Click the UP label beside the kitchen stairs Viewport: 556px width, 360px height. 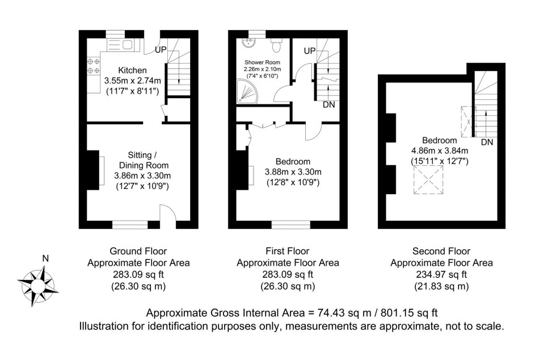point(161,50)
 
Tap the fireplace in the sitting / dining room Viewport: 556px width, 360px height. point(93,170)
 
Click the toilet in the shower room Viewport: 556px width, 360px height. point(276,43)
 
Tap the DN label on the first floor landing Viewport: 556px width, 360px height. point(328,105)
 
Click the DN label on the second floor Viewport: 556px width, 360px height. point(487,142)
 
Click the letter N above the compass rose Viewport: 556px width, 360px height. point(45,259)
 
